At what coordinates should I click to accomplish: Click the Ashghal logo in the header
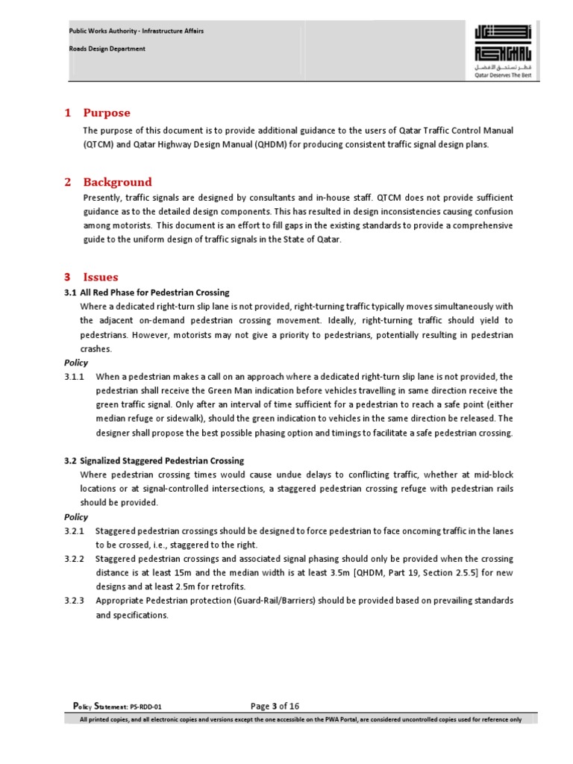(504, 51)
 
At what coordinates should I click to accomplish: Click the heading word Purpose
(106, 113)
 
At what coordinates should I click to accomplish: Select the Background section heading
(117, 182)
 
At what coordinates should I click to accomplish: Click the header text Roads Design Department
(107, 48)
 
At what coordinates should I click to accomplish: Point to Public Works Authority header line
(136, 31)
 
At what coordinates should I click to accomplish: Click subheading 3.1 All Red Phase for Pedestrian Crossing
(147, 292)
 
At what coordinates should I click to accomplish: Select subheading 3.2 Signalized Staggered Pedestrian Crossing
(154, 461)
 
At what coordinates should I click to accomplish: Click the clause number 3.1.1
(75, 377)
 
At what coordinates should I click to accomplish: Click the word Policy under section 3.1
(76, 363)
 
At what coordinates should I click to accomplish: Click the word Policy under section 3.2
(76, 517)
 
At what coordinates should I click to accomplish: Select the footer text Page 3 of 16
(275, 706)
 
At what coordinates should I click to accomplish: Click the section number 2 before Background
(68, 182)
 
